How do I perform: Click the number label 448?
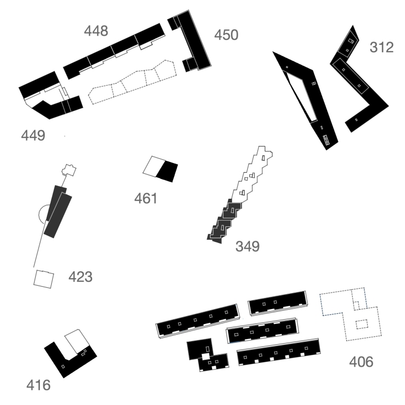click(x=96, y=31)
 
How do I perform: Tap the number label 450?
click(x=226, y=36)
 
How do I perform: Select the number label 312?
click(x=382, y=47)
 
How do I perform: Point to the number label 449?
click(x=33, y=135)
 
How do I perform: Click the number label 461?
click(x=146, y=199)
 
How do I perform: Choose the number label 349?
click(x=247, y=247)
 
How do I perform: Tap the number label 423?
click(x=80, y=277)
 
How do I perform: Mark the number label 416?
click(x=38, y=385)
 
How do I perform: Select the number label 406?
click(x=361, y=362)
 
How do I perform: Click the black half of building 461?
click(x=168, y=171)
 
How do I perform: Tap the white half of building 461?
click(x=153, y=166)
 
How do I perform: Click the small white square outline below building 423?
click(x=44, y=279)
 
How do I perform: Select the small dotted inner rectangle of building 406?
click(x=362, y=323)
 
